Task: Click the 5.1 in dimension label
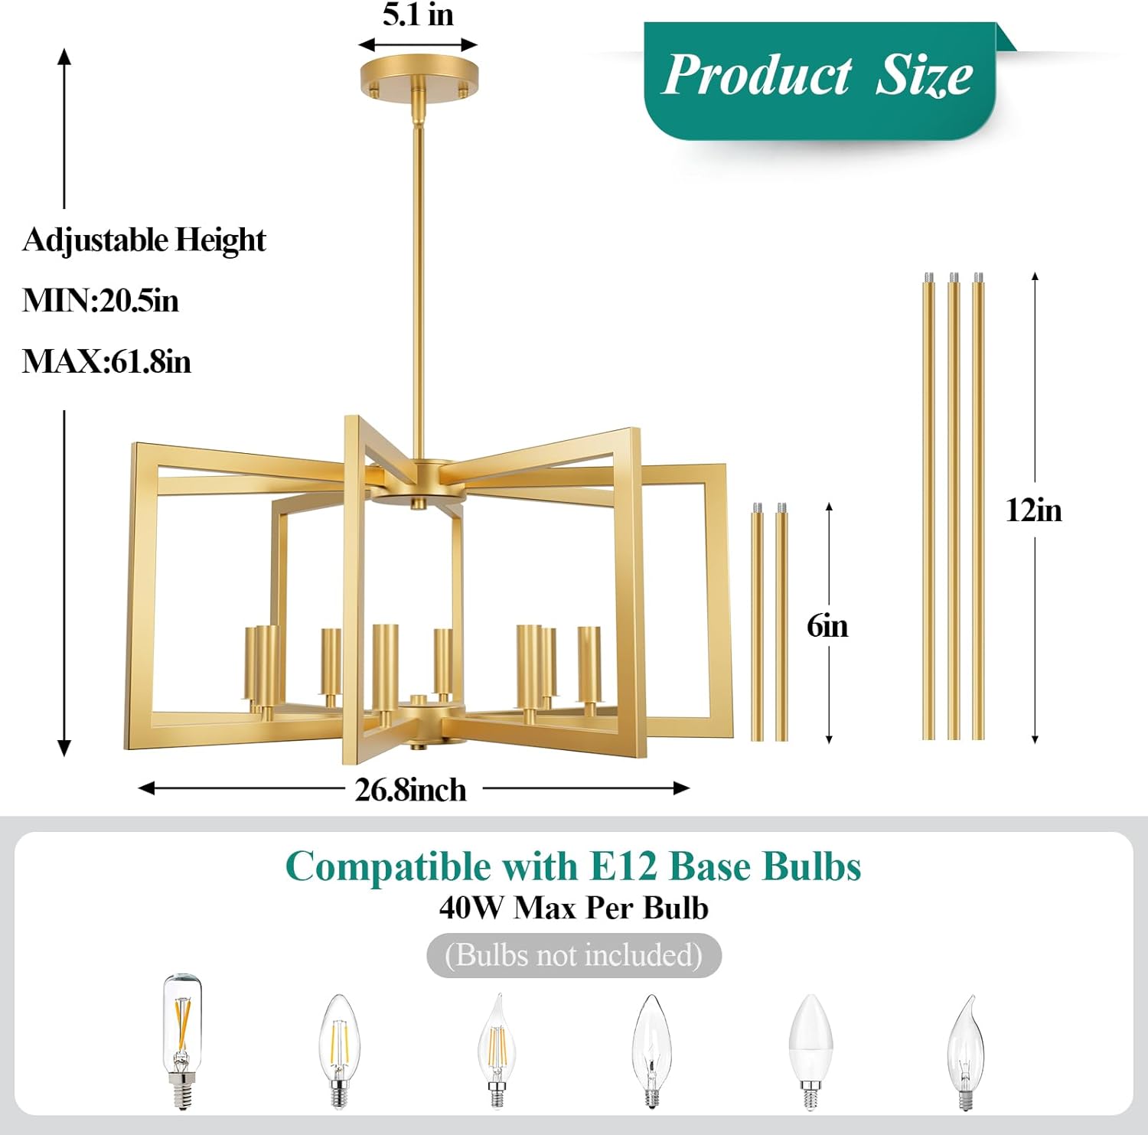[418, 15]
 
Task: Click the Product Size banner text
[817, 75]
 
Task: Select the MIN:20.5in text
[100, 300]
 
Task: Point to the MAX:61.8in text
[106, 361]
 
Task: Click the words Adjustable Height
[144, 240]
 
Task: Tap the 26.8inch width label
[410, 790]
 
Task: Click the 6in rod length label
[827, 626]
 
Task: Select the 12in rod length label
[1033, 510]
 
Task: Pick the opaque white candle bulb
[810, 1049]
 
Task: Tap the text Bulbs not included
[574, 955]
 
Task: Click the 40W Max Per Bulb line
[574, 908]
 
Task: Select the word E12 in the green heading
[623, 867]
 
